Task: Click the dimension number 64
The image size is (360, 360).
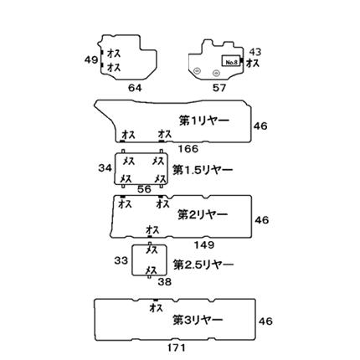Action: pos(135,88)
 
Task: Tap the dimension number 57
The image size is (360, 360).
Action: pos(219,88)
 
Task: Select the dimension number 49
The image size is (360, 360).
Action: pos(91,59)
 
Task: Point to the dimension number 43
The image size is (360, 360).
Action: pos(255,52)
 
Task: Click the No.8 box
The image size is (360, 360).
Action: pos(231,61)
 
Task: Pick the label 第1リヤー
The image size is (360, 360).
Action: pos(204,121)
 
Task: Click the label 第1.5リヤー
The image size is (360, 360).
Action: pos(203,170)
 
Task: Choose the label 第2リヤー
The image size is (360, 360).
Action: pos(203,215)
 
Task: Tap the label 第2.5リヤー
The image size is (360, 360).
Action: pos(203,265)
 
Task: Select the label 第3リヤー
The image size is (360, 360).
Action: pos(198,320)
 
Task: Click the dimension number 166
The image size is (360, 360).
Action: pos(188,149)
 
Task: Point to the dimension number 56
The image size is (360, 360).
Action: pos(144,189)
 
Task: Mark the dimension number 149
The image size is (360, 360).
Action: pos(204,245)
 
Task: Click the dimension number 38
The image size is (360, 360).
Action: pos(165,282)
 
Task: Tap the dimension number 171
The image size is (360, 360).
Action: pos(177,347)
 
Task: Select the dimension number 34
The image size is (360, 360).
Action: pos(105,168)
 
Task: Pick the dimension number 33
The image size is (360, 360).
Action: pos(121,260)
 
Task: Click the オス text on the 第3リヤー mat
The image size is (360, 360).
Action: pos(157,308)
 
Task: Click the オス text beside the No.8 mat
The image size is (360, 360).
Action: pos(253,64)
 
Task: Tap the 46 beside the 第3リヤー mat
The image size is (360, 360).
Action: pos(265,321)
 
